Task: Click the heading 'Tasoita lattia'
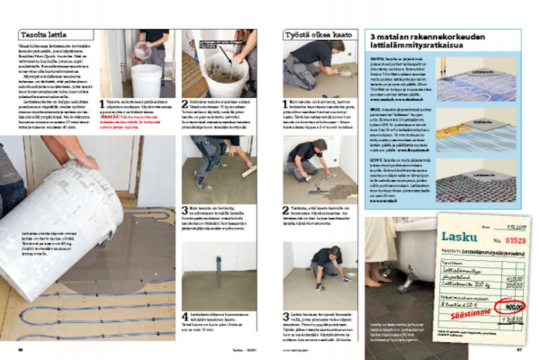click(44, 35)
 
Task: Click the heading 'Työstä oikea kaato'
click(318, 35)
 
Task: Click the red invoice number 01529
click(515, 240)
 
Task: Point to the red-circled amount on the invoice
click(510, 307)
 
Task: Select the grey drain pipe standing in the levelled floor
click(218, 263)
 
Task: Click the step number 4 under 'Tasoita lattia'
click(185, 317)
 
